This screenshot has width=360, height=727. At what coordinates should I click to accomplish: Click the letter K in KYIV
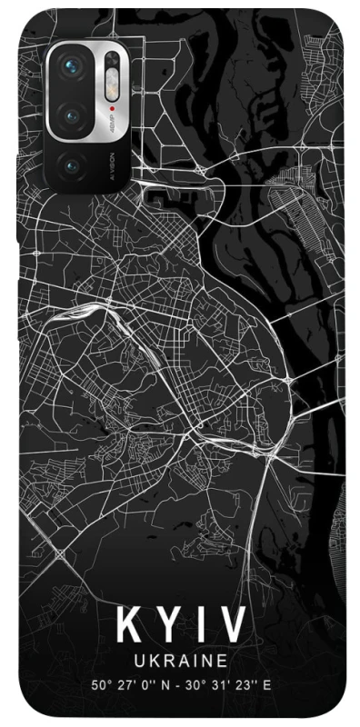(x=129, y=626)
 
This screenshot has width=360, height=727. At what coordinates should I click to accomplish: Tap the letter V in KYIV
(x=232, y=626)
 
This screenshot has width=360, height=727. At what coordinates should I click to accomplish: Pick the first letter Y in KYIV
(x=168, y=626)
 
